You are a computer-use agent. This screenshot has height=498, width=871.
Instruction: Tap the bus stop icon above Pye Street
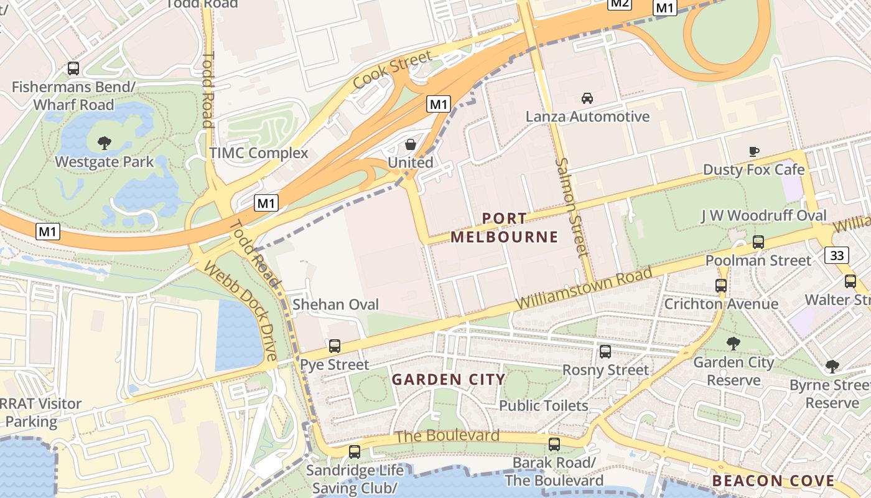335,346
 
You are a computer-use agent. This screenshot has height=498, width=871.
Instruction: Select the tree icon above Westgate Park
105,143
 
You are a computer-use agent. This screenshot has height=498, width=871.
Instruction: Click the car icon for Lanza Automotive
587,98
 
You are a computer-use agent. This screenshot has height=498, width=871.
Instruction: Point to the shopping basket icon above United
411,144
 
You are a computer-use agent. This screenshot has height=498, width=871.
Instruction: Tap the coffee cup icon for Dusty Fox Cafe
754,151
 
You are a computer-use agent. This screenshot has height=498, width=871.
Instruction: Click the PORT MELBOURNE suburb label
505,228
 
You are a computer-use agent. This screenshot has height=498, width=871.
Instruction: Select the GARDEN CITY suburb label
448,379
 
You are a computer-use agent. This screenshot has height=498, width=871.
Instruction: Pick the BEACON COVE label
773,481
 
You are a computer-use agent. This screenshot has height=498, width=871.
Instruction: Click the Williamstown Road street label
584,289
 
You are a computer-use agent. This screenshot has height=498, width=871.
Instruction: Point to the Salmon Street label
571,207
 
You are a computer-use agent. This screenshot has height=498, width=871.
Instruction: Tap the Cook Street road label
392,70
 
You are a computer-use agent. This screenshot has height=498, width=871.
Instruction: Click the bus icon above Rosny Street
605,352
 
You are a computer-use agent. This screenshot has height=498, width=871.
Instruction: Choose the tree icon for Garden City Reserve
734,343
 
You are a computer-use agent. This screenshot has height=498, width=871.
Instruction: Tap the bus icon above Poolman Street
758,242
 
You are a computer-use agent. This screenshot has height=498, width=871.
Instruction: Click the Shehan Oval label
335,304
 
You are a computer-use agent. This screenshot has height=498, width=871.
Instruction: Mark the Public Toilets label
544,406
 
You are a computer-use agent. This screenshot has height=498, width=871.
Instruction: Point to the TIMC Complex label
259,153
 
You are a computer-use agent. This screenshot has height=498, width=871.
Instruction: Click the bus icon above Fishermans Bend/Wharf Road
73,68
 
